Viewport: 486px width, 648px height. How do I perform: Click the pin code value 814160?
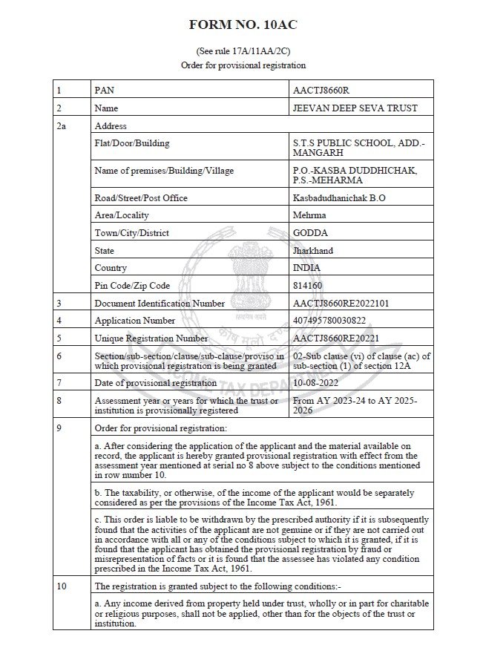(x=309, y=285)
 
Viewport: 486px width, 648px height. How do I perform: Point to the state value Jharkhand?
(x=314, y=250)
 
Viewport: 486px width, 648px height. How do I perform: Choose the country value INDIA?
(x=308, y=268)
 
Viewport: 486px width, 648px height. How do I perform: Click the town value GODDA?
(x=310, y=232)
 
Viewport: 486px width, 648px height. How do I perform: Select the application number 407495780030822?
(x=329, y=321)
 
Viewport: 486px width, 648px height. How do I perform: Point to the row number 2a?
(x=62, y=126)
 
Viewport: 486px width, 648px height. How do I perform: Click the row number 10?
(x=62, y=586)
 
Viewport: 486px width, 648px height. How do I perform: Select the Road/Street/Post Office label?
(x=141, y=197)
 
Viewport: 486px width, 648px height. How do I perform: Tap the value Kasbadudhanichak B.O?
(x=340, y=197)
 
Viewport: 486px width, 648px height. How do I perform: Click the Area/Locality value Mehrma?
(x=310, y=215)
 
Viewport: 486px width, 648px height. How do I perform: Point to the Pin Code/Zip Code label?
(x=132, y=285)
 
